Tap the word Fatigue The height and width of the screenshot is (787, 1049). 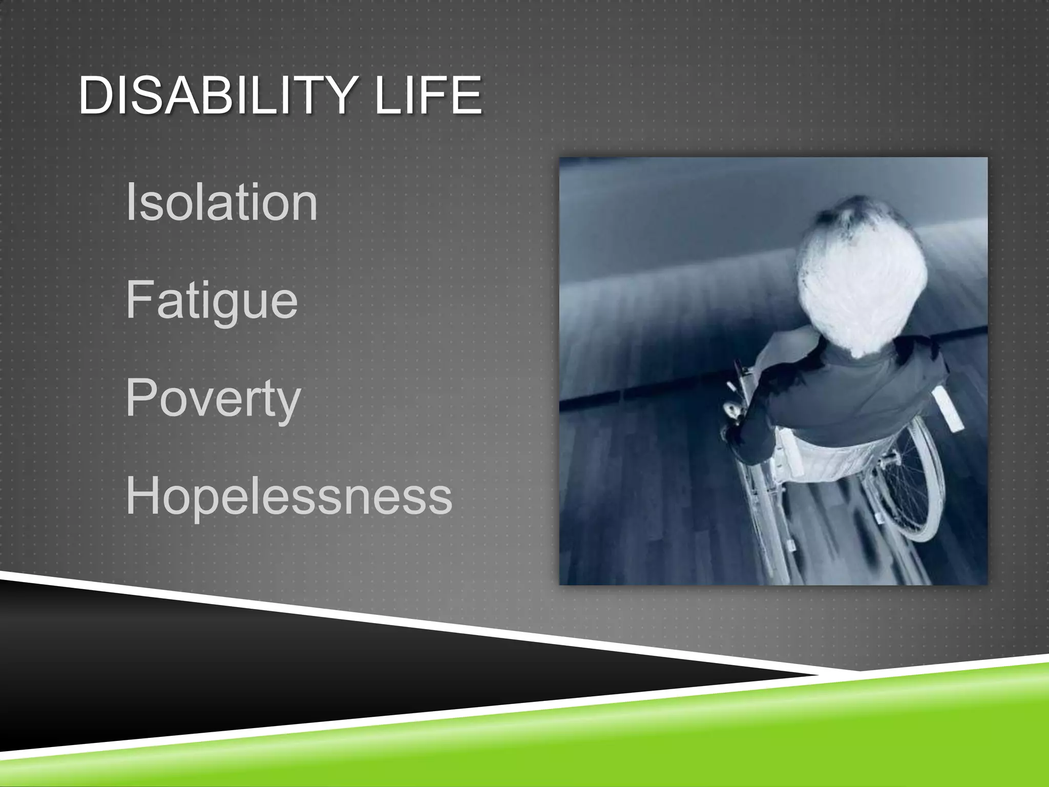pyautogui.click(x=212, y=301)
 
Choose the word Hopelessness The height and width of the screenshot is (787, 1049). pyautogui.click(x=289, y=496)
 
